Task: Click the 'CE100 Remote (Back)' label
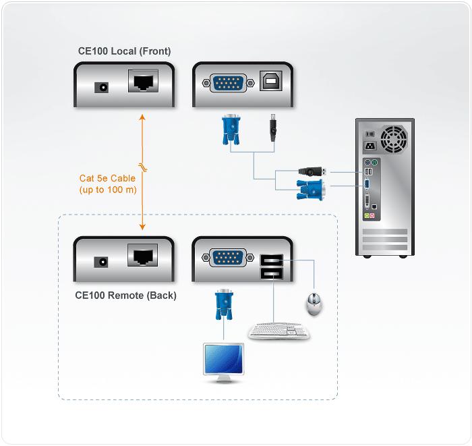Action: coord(125,295)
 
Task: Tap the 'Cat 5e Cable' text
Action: coord(107,179)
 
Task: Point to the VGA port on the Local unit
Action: coord(229,84)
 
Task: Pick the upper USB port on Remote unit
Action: coord(270,259)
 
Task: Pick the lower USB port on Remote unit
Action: coord(270,273)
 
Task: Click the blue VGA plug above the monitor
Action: coord(225,308)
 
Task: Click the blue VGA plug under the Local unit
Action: coord(231,130)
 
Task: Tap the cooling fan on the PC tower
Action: coord(392,139)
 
